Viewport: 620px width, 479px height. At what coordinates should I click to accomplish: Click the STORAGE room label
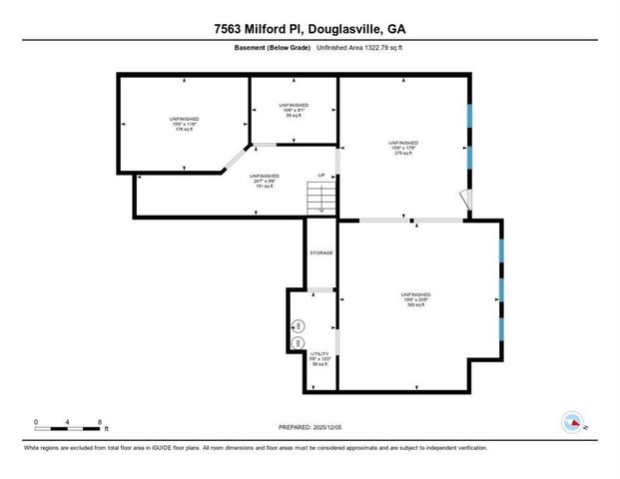(320, 252)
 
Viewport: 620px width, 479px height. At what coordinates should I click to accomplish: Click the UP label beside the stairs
(321, 176)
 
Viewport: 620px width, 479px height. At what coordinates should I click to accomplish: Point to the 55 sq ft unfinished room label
(293, 110)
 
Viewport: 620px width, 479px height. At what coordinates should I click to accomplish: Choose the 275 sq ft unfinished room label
(402, 148)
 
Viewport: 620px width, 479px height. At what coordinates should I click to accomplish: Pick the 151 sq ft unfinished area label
(264, 180)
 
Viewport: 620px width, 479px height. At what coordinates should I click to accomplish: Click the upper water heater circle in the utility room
(297, 326)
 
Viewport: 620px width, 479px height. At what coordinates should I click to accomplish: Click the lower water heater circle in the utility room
(297, 343)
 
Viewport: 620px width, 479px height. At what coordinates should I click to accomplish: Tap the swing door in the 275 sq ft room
(464, 200)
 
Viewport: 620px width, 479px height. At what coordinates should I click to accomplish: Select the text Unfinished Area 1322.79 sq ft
(361, 49)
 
